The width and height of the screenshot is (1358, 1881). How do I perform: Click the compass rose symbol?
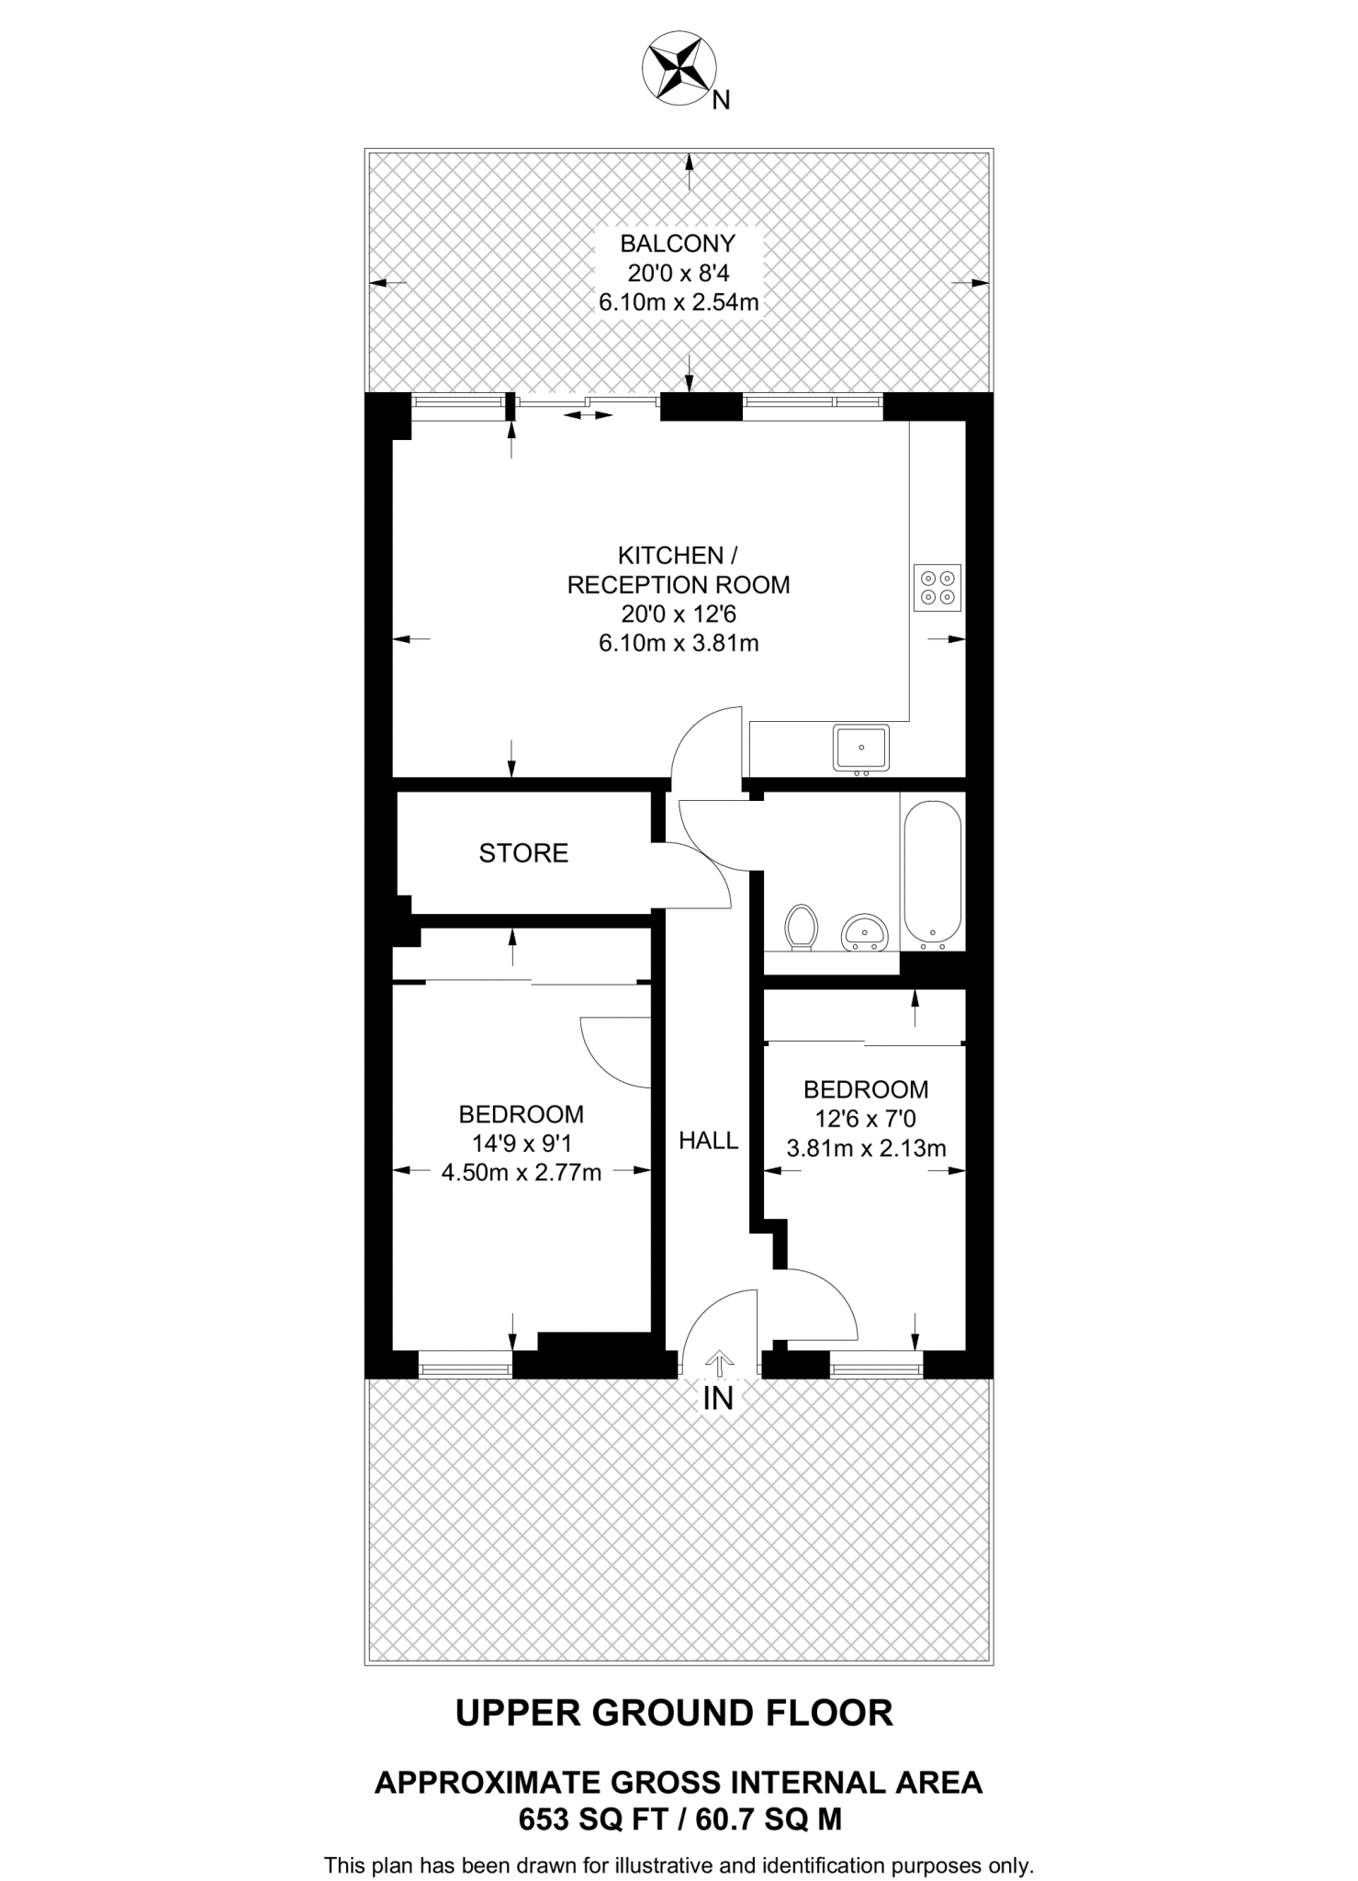pyautogui.click(x=679, y=64)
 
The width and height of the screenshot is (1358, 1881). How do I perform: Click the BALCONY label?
pyautogui.click(x=678, y=243)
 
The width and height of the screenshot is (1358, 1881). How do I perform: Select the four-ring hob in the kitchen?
pyautogui.click(x=937, y=588)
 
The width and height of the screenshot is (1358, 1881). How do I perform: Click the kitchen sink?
pyautogui.click(x=861, y=748)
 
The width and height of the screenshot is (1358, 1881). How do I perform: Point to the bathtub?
pyautogui.click(x=933, y=875)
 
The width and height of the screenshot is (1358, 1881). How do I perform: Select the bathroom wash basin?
pyautogui.click(x=864, y=931)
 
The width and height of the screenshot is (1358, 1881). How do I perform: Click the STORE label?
pyautogui.click(x=523, y=853)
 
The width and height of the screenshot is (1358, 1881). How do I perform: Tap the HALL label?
pyautogui.click(x=708, y=1141)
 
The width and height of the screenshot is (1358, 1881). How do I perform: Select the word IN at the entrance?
pyautogui.click(x=718, y=1399)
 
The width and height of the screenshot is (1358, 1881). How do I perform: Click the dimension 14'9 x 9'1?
pyautogui.click(x=521, y=1143)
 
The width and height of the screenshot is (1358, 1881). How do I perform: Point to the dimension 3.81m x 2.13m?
pyautogui.click(x=866, y=1148)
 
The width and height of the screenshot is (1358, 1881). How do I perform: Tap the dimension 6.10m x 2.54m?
pyautogui.click(x=679, y=302)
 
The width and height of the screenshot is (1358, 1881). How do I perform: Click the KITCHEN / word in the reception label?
pyautogui.click(x=678, y=556)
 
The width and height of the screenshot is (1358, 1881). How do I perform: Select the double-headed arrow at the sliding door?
pyautogui.click(x=588, y=415)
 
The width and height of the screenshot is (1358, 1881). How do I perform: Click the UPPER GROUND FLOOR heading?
pyautogui.click(x=674, y=1713)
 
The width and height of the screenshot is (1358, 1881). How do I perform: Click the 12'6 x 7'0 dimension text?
pyautogui.click(x=865, y=1119)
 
